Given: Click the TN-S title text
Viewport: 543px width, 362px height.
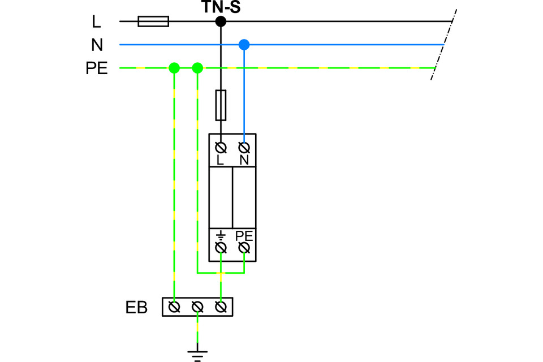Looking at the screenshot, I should (x=221, y=7).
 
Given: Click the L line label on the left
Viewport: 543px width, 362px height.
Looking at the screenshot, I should (x=97, y=22).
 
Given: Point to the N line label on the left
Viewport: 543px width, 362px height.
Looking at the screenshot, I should (x=97, y=45).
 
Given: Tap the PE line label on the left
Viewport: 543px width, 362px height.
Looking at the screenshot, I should (x=97, y=68).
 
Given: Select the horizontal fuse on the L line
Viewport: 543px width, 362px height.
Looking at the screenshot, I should (x=153, y=21).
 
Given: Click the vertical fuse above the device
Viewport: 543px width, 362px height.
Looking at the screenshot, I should (x=221, y=105).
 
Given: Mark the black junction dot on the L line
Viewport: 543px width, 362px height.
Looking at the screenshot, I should (x=221, y=21).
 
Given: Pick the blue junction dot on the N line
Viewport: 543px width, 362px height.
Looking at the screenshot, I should (x=244, y=44).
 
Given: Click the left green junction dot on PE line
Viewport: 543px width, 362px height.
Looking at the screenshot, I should (x=174, y=68).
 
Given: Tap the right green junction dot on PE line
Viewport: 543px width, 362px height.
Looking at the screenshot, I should (x=197, y=68).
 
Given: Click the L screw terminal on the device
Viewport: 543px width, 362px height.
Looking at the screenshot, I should (x=221, y=148).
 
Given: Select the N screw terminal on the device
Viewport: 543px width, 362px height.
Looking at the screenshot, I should (x=244, y=148).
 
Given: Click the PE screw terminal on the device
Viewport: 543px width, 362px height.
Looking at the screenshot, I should (x=244, y=248).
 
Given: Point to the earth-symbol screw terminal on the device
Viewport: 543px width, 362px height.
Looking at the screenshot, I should (x=221, y=248).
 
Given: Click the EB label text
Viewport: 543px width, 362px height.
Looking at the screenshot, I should (x=136, y=308).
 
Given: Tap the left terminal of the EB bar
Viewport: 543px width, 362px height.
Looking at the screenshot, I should (x=175, y=307).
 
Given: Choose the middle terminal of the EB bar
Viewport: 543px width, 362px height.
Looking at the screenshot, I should (x=197, y=307).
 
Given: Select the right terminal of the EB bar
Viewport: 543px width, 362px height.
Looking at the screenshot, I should (x=221, y=307).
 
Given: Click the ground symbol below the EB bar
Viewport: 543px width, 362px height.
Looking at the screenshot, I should (x=197, y=355).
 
